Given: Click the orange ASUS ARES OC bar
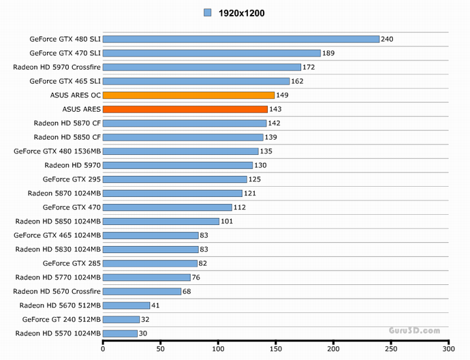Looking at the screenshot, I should tap(189, 95).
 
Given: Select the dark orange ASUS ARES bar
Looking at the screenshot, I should tap(185, 109).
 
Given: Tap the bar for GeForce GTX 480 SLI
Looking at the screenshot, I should tap(241, 39).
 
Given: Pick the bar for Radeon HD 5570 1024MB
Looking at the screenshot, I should tap(120, 333).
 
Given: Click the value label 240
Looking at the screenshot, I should tap(388, 39).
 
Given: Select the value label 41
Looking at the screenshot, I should tap(156, 305).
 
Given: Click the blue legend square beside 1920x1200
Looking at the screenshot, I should tap(208, 13).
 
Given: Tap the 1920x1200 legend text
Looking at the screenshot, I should tap(241, 13).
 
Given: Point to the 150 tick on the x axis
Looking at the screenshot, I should tap(275, 349).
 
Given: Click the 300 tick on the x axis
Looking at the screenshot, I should tap(448, 349).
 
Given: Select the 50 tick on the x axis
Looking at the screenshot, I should tap(160, 349).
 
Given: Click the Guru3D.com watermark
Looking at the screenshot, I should tap(414, 331).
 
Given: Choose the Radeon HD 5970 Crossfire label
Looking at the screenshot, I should tap(57, 67).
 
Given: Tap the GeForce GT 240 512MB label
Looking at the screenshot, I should tap(61, 319).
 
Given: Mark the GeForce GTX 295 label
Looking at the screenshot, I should tap(72, 179).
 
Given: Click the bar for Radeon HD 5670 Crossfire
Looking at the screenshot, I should tap(142, 291).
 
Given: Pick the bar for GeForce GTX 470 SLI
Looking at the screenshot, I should tap(212, 53).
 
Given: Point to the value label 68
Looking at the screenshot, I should tap(188, 291).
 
